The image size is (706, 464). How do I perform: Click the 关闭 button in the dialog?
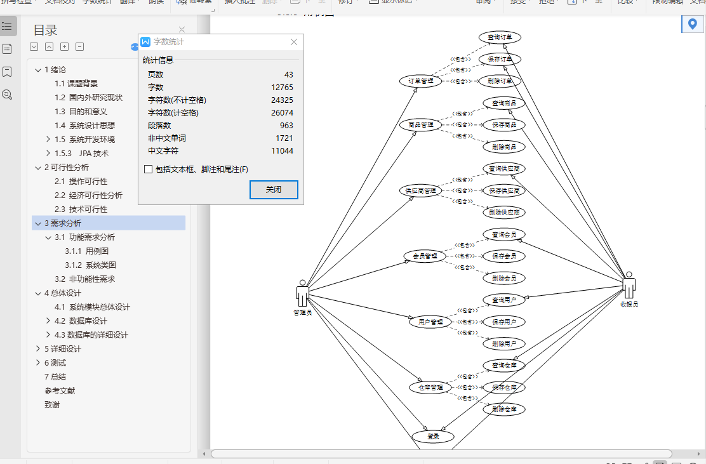click(x=274, y=190)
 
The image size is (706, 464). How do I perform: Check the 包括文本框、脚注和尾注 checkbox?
click(x=149, y=169)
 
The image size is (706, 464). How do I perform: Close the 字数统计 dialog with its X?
click(x=294, y=42)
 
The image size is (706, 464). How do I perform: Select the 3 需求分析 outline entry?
click(x=63, y=223)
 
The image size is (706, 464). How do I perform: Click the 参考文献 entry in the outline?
click(x=60, y=391)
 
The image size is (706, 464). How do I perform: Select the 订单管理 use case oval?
click(x=420, y=81)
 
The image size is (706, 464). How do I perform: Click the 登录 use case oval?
click(x=433, y=437)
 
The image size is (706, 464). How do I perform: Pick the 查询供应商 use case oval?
click(x=504, y=169)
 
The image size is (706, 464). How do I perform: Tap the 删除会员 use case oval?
click(x=504, y=278)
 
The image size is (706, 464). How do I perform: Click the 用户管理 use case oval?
click(x=430, y=322)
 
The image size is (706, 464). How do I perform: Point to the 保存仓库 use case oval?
click(x=504, y=387)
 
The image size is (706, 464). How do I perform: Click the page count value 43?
click(x=288, y=75)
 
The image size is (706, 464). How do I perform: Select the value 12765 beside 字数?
click(x=282, y=88)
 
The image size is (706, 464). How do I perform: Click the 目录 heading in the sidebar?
click(x=45, y=30)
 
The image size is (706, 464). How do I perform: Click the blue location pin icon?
click(x=692, y=25)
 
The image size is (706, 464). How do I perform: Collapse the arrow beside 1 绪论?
click(x=38, y=70)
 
